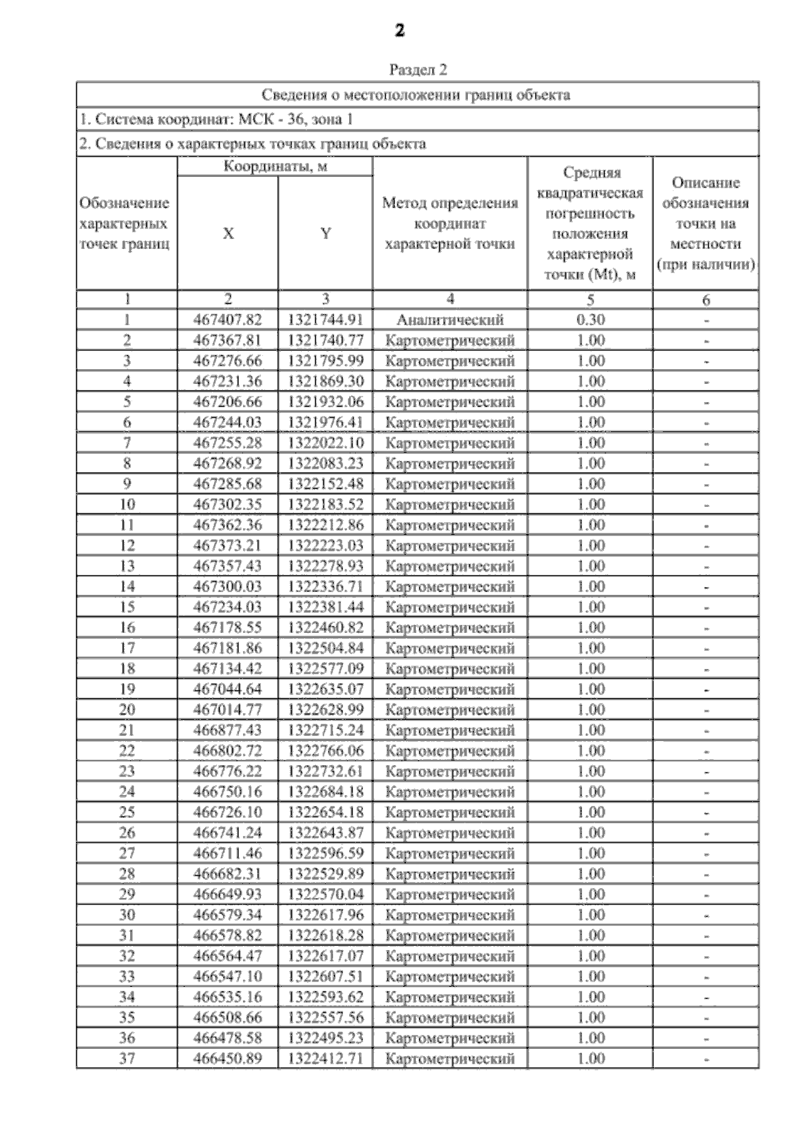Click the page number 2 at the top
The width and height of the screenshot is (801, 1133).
pos(399,31)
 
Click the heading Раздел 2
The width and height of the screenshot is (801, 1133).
pos(418,70)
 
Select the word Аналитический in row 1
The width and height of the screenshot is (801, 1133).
pos(450,320)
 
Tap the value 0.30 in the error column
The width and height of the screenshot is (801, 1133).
pos(591,320)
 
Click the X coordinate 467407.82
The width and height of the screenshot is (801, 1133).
pos(228,320)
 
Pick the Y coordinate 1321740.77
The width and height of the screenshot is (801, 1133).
pos(326,341)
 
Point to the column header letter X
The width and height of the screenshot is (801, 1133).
pos(228,234)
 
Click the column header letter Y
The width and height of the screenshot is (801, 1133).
pos(326,234)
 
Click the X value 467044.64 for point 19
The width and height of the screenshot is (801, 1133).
pos(228,689)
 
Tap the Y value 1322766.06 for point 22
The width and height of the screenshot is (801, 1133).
pos(326,750)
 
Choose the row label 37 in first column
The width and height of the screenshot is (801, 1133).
pos(127,1058)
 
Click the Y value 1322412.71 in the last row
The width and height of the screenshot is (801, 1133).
pos(326,1058)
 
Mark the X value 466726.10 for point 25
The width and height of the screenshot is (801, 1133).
pos(228,812)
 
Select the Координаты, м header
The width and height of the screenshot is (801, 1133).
pos(275,166)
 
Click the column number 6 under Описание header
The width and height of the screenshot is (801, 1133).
pos(706,300)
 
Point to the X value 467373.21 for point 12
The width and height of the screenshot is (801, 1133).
pos(228,545)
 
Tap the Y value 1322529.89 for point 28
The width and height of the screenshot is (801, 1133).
pos(326,873)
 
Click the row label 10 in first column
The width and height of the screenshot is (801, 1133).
pos(127,504)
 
